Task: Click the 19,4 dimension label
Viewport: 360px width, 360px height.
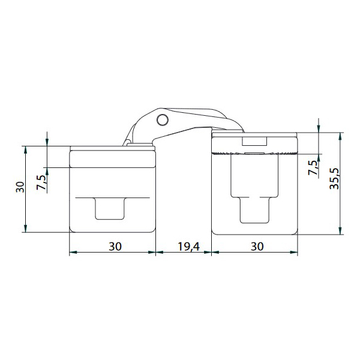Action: coord(189,247)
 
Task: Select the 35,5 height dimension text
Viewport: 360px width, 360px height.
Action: coord(334,179)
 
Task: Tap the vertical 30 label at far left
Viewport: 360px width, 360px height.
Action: coord(20,187)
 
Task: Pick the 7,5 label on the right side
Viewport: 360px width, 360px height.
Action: coord(313,167)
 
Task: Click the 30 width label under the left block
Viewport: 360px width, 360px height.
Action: coord(115,247)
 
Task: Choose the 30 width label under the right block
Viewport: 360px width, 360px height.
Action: coord(257,247)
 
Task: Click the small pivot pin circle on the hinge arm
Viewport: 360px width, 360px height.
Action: coord(163,119)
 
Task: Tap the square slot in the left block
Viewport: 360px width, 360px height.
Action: coord(110,208)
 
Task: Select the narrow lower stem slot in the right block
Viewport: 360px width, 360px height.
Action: coord(254,210)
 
